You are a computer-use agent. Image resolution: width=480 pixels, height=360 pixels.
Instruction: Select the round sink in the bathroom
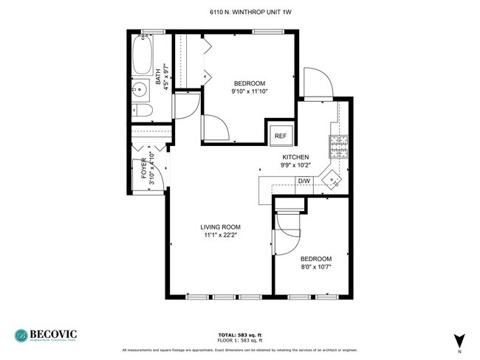pos(140,91)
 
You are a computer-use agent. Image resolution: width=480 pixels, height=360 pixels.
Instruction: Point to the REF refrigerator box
pos(280,136)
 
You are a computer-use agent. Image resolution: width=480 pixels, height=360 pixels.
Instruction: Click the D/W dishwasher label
pos(304,181)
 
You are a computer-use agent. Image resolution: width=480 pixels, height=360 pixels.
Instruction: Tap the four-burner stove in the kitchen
pos(339,147)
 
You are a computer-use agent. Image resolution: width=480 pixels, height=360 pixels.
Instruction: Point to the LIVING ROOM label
pos(221,227)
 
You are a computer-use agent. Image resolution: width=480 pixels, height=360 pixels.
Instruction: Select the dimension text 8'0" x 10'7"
pos(315,267)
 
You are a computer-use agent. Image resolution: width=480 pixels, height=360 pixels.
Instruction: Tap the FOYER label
pos(144,169)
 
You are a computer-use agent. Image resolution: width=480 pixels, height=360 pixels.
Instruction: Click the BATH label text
pos(158,75)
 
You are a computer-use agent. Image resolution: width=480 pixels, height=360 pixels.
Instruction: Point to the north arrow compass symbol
pos(459,340)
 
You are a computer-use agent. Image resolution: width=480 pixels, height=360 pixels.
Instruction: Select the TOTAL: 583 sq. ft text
pos(239,334)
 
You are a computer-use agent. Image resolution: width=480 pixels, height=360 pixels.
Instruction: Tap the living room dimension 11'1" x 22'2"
pos(221,235)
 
